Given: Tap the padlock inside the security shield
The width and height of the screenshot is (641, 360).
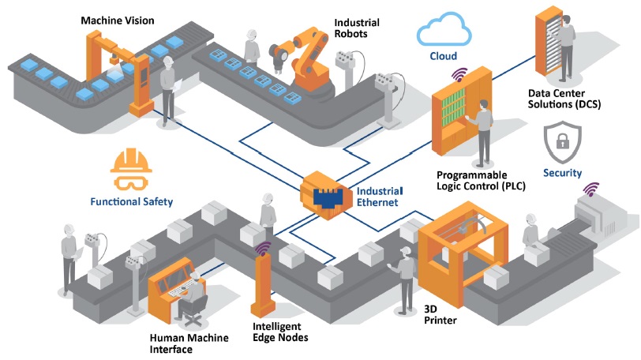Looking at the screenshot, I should point(562,143).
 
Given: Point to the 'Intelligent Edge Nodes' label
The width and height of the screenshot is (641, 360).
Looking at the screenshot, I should point(279,332).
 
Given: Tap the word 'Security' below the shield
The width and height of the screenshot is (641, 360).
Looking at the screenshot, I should point(562,173).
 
